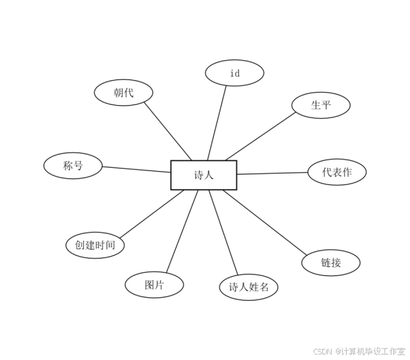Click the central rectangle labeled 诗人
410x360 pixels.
click(203, 175)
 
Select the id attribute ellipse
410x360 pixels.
click(235, 73)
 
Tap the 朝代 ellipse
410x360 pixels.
click(124, 93)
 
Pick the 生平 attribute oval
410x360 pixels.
click(321, 105)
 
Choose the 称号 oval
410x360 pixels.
click(73, 165)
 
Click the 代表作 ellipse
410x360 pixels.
click(337, 172)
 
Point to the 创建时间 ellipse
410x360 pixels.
click(95, 245)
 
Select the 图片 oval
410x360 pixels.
click(154, 285)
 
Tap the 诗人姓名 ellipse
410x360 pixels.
click(249, 287)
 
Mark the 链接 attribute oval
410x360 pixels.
click(331, 262)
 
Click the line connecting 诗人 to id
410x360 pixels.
click(217, 122)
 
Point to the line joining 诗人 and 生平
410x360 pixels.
click(260, 136)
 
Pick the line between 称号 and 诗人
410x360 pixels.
click(137, 169)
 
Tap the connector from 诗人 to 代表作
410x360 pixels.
click(273, 173)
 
